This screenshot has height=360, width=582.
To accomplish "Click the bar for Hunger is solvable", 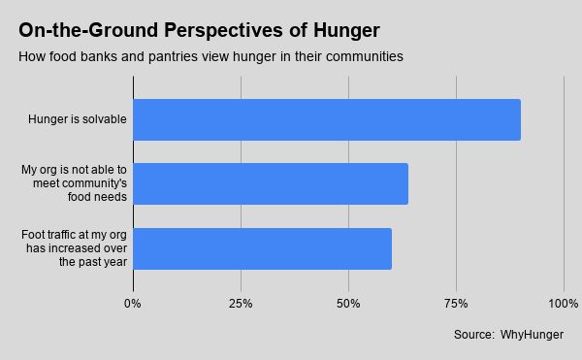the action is (327, 120).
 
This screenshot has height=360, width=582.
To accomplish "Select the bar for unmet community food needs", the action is (271, 183).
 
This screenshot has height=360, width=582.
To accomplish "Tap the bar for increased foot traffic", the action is (263, 248).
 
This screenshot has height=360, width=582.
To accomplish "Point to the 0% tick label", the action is (133, 304).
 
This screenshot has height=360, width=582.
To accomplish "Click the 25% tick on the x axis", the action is (241, 304).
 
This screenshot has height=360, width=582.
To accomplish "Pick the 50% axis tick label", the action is (348, 304).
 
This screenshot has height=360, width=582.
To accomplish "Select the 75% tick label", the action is (456, 304).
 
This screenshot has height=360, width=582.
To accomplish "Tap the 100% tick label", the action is (563, 304).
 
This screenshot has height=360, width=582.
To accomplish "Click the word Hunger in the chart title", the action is (346, 30).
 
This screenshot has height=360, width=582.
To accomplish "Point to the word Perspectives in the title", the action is (223, 30).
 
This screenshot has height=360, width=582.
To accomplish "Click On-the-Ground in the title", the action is (88, 30).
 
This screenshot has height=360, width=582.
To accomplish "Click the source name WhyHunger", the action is (532, 335).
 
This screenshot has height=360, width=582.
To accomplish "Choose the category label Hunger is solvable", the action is (78, 119).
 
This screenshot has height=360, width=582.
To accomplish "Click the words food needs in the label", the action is (97, 197).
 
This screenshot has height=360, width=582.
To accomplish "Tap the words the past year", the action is (93, 262).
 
